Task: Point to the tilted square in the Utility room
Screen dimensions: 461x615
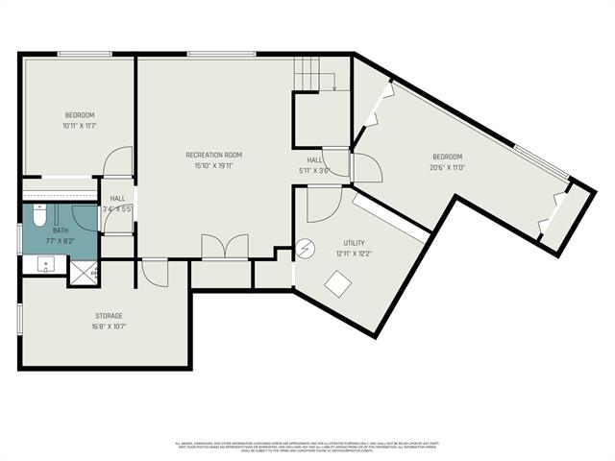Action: coord(338,283)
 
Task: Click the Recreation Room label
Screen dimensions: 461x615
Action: coord(213,155)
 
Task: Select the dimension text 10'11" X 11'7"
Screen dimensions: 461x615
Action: coord(80,125)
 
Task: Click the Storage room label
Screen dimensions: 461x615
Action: coord(109,315)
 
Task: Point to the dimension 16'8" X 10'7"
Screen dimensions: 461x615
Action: coord(109,326)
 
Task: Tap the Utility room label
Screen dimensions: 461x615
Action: coord(355,244)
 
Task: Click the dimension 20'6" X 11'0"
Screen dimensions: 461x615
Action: coord(447,167)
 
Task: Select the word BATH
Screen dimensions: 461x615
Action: coord(61,230)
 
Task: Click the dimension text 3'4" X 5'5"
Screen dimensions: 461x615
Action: coord(116,208)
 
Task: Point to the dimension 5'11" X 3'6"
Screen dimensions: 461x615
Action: coord(314,170)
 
